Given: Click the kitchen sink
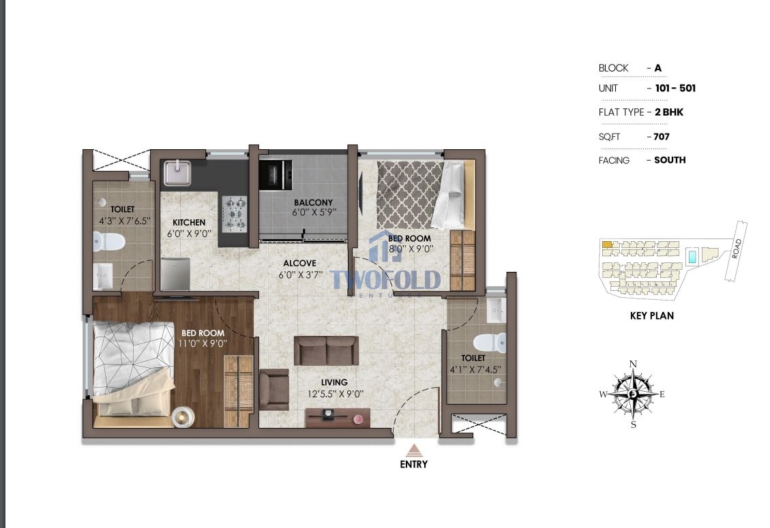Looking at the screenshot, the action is coord(177,173).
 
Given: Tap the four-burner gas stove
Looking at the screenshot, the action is coord(235,214).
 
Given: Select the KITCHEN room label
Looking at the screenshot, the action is coord(189,222).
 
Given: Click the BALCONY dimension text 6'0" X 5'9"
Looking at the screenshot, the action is coord(314,213).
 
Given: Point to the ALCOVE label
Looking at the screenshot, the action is coord(299,264).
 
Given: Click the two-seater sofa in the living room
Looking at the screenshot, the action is coord(326,350).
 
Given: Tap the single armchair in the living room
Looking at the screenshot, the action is coord(273,390).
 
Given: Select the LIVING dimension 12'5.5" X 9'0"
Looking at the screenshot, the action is coord(336,394).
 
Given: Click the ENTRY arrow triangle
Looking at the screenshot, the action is coord(415,450).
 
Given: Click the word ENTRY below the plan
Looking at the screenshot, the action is coord(414,464).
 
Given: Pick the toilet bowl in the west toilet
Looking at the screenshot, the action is coord(109,241).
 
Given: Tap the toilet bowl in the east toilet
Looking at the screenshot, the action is coord(490,342).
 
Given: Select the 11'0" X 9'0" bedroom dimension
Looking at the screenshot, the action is coord(203,343).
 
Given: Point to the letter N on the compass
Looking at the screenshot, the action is coord(633,364).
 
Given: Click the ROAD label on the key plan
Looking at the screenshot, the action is coord(736,249).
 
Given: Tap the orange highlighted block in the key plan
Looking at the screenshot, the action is coord(608,244).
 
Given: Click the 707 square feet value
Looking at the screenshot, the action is coord(662,137).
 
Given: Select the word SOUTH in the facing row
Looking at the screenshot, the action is coord(670,160).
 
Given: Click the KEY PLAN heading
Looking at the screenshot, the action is coord(651,316).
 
